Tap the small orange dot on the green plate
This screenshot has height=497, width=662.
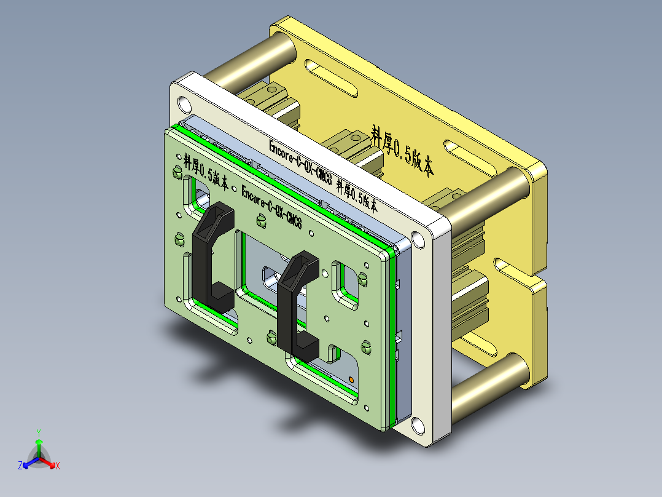(x=351, y=379)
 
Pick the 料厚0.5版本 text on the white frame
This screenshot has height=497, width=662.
(x=357, y=196)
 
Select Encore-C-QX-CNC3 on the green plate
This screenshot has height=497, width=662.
(x=271, y=206)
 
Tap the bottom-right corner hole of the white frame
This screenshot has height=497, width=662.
(x=418, y=424)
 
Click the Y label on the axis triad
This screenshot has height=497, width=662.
(x=38, y=432)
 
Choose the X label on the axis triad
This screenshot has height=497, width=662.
(x=57, y=466)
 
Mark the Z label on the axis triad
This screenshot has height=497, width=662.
(x=20, y=466)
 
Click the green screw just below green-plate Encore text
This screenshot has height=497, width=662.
(x=262, y=220)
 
